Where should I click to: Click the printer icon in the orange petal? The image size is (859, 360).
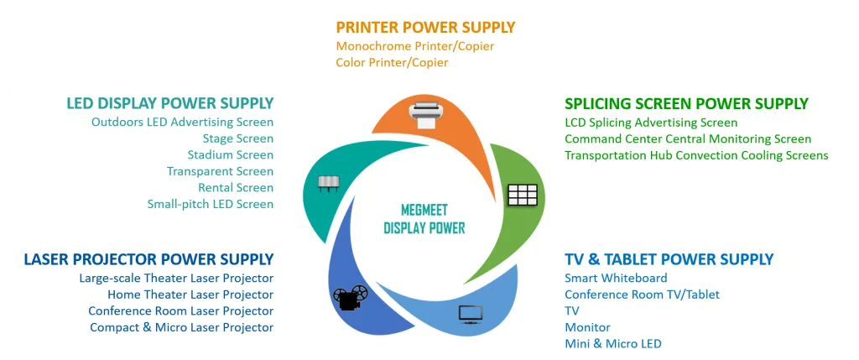point(425,116)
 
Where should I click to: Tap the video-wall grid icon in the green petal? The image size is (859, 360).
point(523,195)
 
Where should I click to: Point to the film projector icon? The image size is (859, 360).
point(351,298)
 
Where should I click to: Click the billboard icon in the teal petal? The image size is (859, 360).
point(329,184)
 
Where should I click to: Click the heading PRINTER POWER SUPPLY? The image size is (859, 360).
point(425,27)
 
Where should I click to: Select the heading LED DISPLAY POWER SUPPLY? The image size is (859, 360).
point(169,103)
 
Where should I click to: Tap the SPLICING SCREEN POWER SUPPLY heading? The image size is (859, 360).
point(686,103)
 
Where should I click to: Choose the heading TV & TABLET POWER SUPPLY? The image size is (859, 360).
point(669,258)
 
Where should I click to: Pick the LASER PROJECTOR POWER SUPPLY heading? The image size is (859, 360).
point(148,258)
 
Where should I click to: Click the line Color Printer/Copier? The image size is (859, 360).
point(393,62)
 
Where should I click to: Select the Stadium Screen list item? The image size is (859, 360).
point(230,154)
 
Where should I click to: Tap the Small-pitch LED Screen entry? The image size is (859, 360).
point(211,204)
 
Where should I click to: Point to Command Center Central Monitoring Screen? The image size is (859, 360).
point(688,138)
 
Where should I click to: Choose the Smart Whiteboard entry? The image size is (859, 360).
point(617,278)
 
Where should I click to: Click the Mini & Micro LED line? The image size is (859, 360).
point(613,343)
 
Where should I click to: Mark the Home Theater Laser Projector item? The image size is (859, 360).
point(190,295)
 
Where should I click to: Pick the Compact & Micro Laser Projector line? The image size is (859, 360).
point(182,327)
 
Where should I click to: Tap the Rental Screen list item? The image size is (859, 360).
point(236,187)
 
